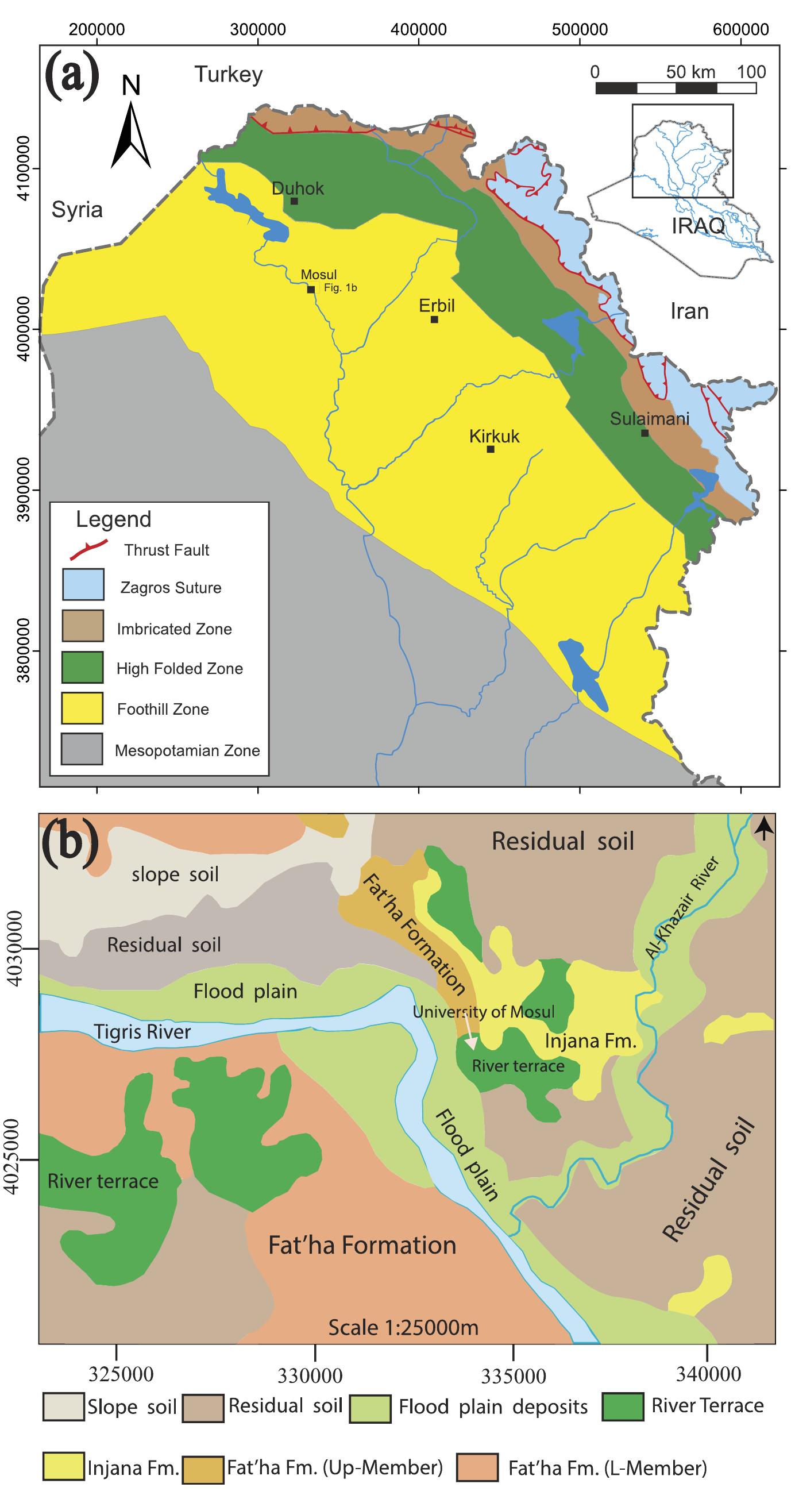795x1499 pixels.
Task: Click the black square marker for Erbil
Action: pos(434,319)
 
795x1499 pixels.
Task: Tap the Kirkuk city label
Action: pos(494,437)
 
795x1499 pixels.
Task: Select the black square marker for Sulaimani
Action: pos(645,433)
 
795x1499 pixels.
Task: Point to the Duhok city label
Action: pos(298,188)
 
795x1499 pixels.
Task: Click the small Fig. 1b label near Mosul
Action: pos(340,288)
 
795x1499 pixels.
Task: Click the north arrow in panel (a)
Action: pos(131,134)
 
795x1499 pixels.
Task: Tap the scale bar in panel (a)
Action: pos(676,88)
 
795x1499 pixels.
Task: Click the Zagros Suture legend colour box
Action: pos(83,584)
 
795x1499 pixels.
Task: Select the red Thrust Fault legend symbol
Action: pos(88,549)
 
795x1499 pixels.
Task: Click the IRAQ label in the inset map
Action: pos(698,226)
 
